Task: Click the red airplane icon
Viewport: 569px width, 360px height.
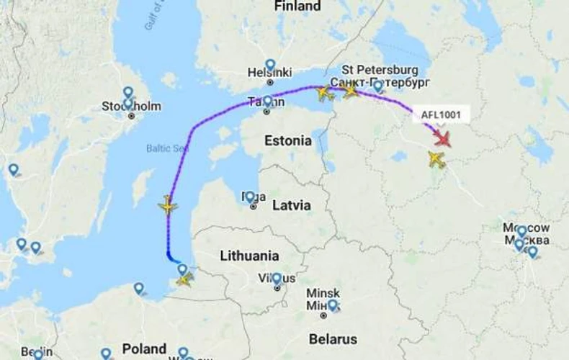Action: (x=442, y=138)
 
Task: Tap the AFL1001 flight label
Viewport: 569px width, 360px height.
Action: (x=440, y=114)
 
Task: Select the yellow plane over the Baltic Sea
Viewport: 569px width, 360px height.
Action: (x=167, y=207)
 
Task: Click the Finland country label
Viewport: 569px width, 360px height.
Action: (x=297, y=6)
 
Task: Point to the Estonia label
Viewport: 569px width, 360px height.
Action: (x=287, y=140)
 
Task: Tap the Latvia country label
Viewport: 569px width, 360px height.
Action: (x=292, y=206)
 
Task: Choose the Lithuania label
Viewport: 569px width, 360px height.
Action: (x=249, y=256)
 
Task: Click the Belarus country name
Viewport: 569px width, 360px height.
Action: (x=333, y=339)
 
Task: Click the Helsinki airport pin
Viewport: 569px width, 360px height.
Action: (x=270, y=65)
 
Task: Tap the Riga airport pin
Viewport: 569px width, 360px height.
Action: (x=249, y=197)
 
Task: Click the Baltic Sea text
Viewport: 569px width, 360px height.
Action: (x=168, y=148)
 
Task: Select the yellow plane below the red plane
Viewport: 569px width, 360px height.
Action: (x=436, y=160)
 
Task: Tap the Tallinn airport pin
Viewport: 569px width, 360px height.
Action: (x=267, y=102)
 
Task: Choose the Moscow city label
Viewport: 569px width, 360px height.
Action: (x=528, y=234)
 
